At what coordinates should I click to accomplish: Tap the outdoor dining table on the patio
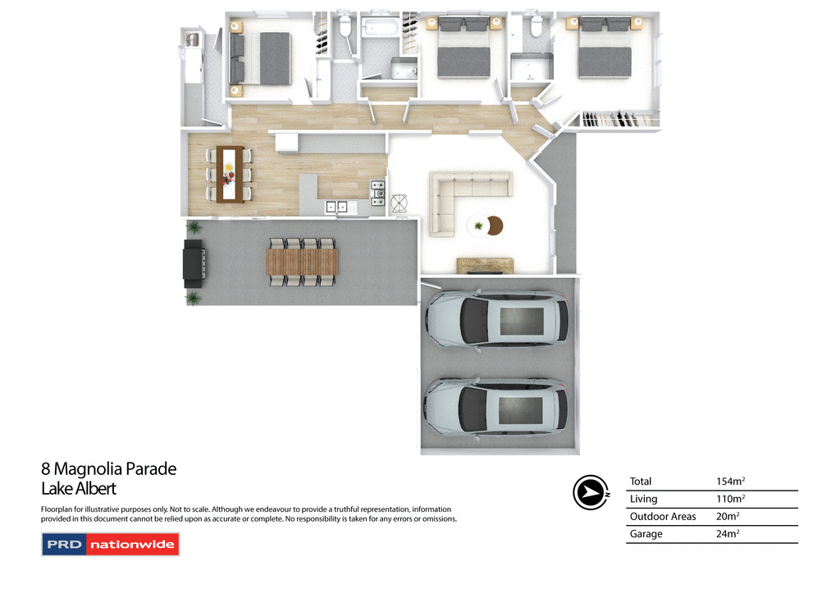(x=302, y=262)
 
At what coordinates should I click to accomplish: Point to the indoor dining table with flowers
(x=230, y=173)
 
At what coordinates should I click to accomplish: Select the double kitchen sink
(x=336, y=206)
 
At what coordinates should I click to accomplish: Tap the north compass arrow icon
(x=589, y=492)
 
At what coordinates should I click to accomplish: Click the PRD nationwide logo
(x=110, y=545)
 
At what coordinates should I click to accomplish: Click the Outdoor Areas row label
(x=663, y=517)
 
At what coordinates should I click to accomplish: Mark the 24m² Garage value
(x=728, y=534)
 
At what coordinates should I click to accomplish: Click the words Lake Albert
(x=79, y=489)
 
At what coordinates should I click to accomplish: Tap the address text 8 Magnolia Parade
(x=109, y=469)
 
